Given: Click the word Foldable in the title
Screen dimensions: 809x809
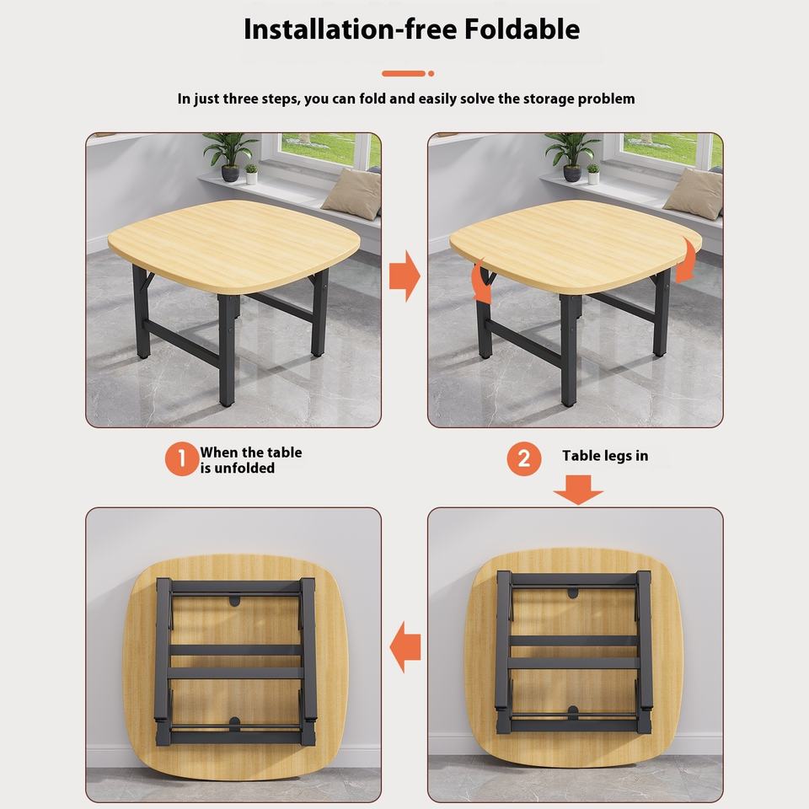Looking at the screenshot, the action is coord(522,29).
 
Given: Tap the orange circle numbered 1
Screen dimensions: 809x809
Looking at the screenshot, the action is coord(182,458).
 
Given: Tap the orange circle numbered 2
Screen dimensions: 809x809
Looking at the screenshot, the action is coord(523,458).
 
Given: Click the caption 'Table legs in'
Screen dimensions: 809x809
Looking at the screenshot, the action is coord(605,456).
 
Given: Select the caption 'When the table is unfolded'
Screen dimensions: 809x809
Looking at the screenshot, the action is coord(251,460).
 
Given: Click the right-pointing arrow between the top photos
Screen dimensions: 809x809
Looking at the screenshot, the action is coord(404,276).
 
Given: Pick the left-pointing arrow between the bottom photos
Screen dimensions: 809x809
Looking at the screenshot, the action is coord(405,646).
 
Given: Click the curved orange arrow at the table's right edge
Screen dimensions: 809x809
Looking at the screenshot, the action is coord(688,260).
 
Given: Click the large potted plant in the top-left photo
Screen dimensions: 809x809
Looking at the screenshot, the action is coord(229,156).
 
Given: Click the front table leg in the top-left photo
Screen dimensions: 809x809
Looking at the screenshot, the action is coord(227,351).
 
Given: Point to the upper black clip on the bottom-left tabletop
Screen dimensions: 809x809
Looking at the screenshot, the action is coord(235,601).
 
